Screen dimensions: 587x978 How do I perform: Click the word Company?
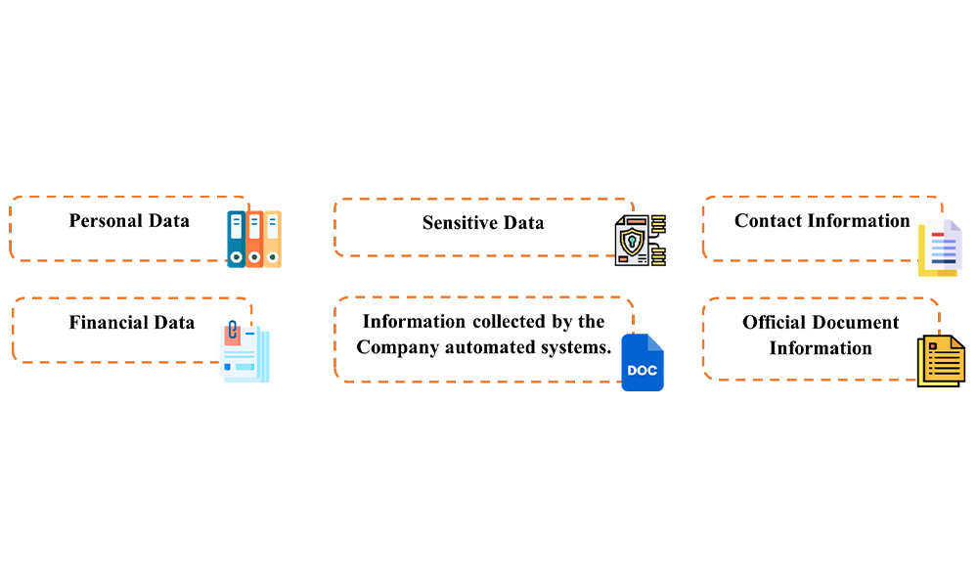tap(396, 347)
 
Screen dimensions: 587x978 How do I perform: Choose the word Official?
tap(777, 323)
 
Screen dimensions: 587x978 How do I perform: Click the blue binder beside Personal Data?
tap(236, 246)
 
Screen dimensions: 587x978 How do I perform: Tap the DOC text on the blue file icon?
tap(643, 371)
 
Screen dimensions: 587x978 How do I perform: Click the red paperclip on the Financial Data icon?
tap(233, 333)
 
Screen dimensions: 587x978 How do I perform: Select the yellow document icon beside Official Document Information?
tap(940, 360)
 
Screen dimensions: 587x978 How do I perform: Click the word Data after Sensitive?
tap(524, 223)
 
